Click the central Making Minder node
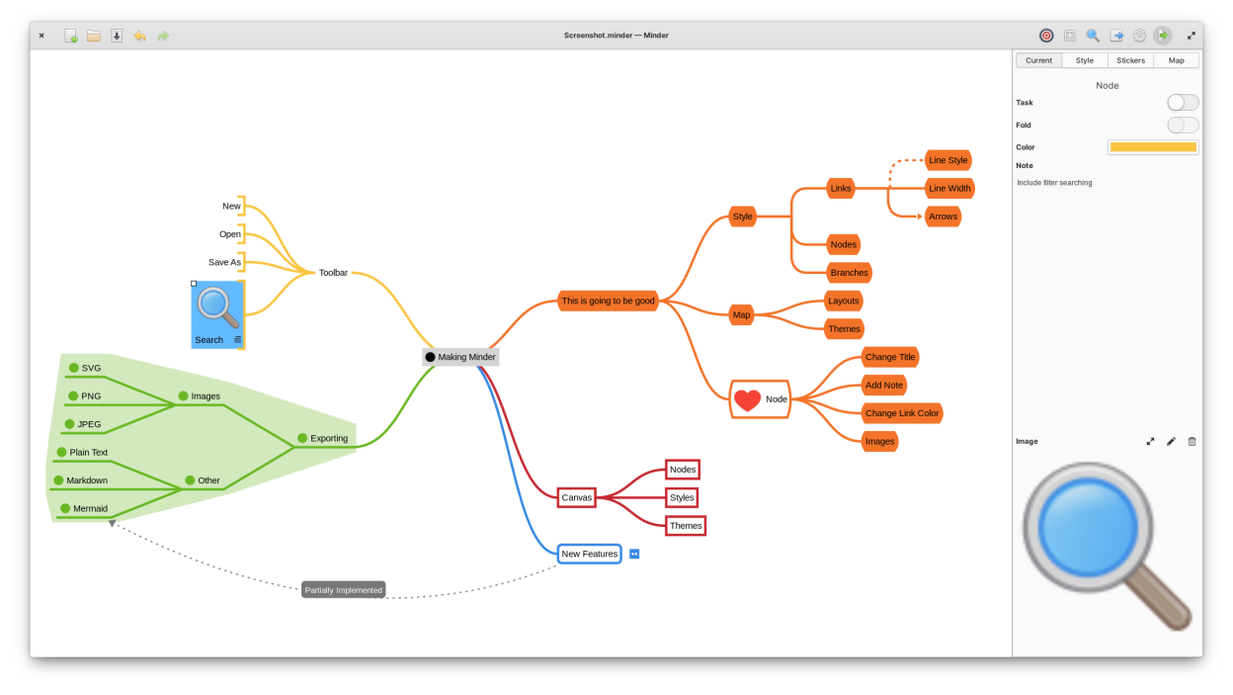(x=460, y=357)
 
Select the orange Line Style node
(x=947, y=160)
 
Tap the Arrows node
(x=943, y=217)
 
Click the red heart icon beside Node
(x=747, y=399)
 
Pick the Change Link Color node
(x=901, y=413)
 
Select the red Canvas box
(x=576, y=497)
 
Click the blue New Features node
(x=589, y=554)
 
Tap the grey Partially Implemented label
(x=343, y=590)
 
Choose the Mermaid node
(x=90, y=508)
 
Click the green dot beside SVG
(x=73, y=368)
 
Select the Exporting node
(x=328, y=438)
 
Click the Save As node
(x=224, y=262)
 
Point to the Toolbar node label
(x=333, y=273)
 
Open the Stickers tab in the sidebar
(x=1130, y=60)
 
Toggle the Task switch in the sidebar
(x=1182, y=103)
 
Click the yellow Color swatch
(x=1153, y=147)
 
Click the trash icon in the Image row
(x=1192, y=441)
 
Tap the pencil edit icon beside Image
(x=1171, y=441)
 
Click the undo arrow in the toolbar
(x=140, y=36)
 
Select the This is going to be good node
(x=608, y=301)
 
